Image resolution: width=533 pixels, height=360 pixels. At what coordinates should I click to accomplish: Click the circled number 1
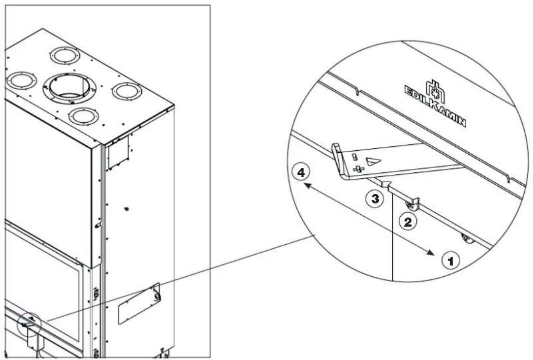(451, 261)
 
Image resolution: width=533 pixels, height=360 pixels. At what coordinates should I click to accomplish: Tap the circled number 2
(407, 222)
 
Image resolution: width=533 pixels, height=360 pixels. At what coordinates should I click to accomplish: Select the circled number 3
(375, 199)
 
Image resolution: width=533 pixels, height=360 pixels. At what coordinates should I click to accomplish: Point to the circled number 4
(301, 173)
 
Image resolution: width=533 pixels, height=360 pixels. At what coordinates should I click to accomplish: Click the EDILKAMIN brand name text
(436, 106)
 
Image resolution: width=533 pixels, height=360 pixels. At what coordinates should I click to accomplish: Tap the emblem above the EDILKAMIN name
(436, 91)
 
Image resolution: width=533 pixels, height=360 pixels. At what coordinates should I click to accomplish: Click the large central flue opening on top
(69, 88)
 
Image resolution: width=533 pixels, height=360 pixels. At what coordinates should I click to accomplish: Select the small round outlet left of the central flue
(22, 80)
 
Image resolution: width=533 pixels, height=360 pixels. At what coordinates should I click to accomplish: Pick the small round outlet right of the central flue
(127, 91)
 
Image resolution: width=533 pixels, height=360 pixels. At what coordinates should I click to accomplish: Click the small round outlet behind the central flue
(65, 55)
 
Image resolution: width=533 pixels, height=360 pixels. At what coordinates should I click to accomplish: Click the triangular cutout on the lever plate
(373, 161)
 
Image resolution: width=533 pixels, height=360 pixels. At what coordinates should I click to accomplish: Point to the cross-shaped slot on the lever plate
(358, 169)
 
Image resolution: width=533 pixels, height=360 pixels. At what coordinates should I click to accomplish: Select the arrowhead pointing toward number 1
(430, 252)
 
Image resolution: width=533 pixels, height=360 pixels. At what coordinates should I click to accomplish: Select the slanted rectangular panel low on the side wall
(140, 303)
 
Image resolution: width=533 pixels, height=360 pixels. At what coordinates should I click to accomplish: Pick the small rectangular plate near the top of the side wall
(118, 152)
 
